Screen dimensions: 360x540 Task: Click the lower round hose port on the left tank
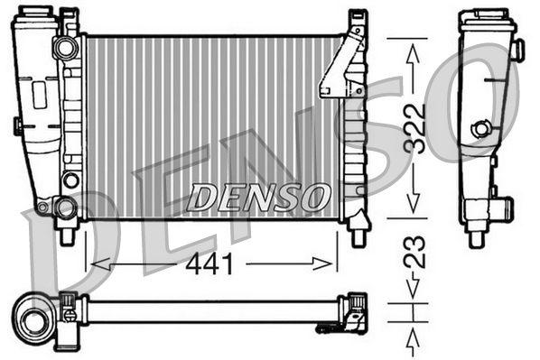pyautogui.click(x=64, y=208)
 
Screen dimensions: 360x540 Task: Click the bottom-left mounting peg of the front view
pyautogui.click(x=66, y=235)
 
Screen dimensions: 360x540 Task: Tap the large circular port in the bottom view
pyautogui.click(x=36, y=318)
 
